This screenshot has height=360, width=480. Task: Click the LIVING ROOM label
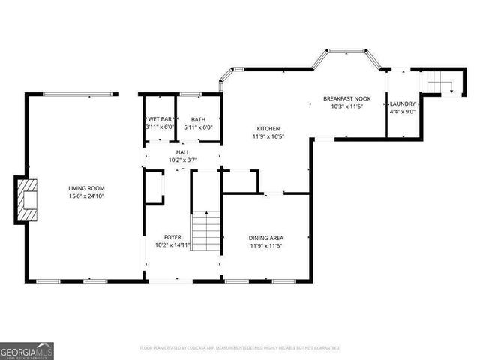point(86,188)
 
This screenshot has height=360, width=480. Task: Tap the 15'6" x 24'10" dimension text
point(86,196)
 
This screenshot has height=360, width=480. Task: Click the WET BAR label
point(160,119)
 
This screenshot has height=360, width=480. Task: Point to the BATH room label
point(198,119)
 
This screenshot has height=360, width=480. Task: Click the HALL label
point(183,152)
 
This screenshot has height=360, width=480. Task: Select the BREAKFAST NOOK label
point(347,98)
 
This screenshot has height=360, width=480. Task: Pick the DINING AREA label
point(266,238)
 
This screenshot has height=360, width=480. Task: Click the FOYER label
point(172,238)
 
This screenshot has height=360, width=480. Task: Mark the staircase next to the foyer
point(208,232)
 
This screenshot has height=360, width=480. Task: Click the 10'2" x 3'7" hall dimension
point(183,160)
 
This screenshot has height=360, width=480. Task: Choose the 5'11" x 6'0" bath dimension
point(198,127)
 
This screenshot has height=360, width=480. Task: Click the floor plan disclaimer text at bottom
point(240,348)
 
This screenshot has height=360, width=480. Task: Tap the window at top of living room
point(80,94)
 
